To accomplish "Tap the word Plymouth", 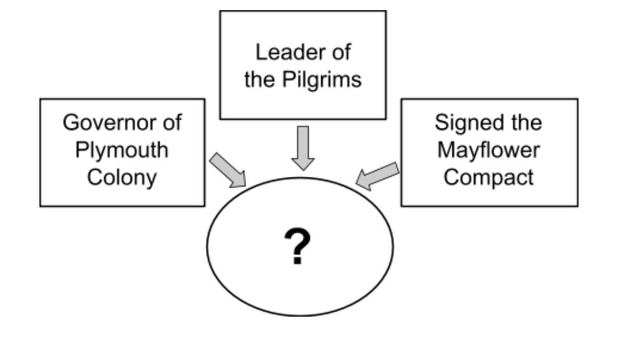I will coord(122,151).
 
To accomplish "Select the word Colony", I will coord(122,177).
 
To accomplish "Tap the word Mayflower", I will coord(489,151).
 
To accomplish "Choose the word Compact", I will coord(489,177).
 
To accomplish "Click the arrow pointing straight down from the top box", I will coord(303,147).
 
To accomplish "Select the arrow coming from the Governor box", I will coord(229,170).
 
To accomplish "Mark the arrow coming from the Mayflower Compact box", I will coord(378,176).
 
